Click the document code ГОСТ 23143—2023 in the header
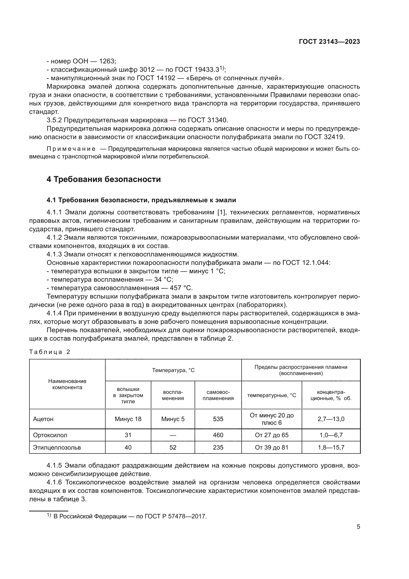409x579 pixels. [x=329, y=42]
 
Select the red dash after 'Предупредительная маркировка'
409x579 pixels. [x=173, y=120]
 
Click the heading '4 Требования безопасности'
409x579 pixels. [x=104, y=179]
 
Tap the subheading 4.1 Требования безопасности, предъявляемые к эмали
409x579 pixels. [x=141, y=200]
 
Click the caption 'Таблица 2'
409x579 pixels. [x=50, y=352]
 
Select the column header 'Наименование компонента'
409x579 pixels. [x=67, y=384]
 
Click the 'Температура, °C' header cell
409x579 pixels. [x=173, y=370]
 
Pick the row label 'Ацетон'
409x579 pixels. [x=43, y=419]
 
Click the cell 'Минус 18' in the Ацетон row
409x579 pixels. [x=128, y=419]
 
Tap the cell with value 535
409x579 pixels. [x=218, y=419]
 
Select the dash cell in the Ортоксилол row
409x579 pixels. [x=173, y=435]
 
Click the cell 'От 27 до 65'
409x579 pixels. [x=272, y=435]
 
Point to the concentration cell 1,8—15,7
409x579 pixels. [x=331, y=448]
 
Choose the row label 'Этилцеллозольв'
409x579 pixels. [x=57, y=448]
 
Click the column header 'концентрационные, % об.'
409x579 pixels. [x=331, y=395]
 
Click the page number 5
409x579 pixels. [x=358, y=527]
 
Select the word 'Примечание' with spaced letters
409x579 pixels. [x=71, y=149]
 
